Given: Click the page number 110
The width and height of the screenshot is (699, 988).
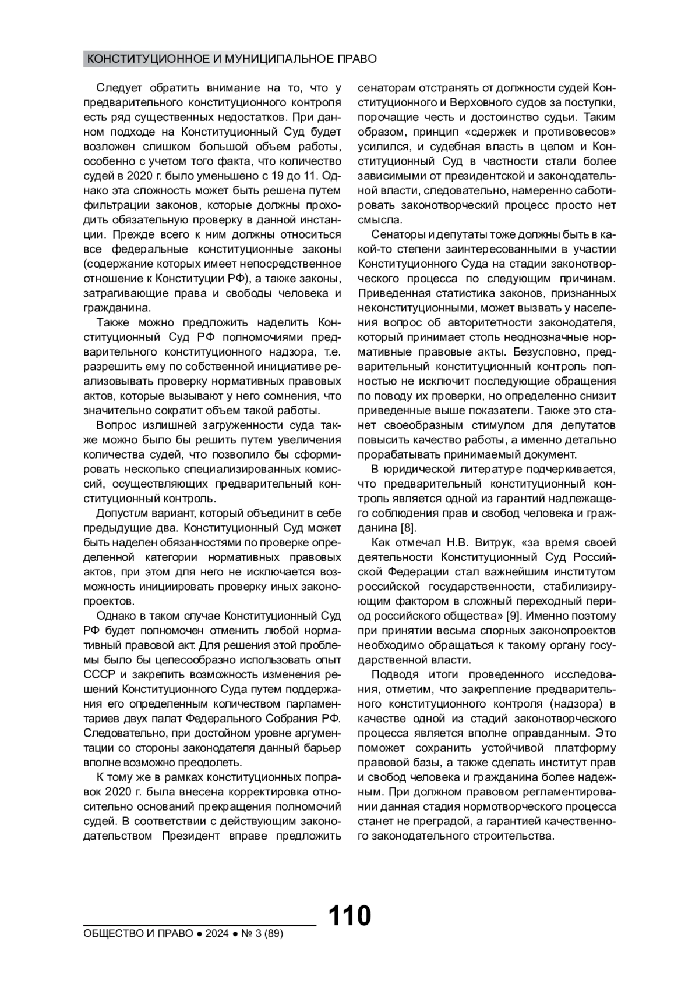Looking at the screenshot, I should tap(349, 916).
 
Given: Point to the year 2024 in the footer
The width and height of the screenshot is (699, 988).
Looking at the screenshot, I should tap(217, 934).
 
